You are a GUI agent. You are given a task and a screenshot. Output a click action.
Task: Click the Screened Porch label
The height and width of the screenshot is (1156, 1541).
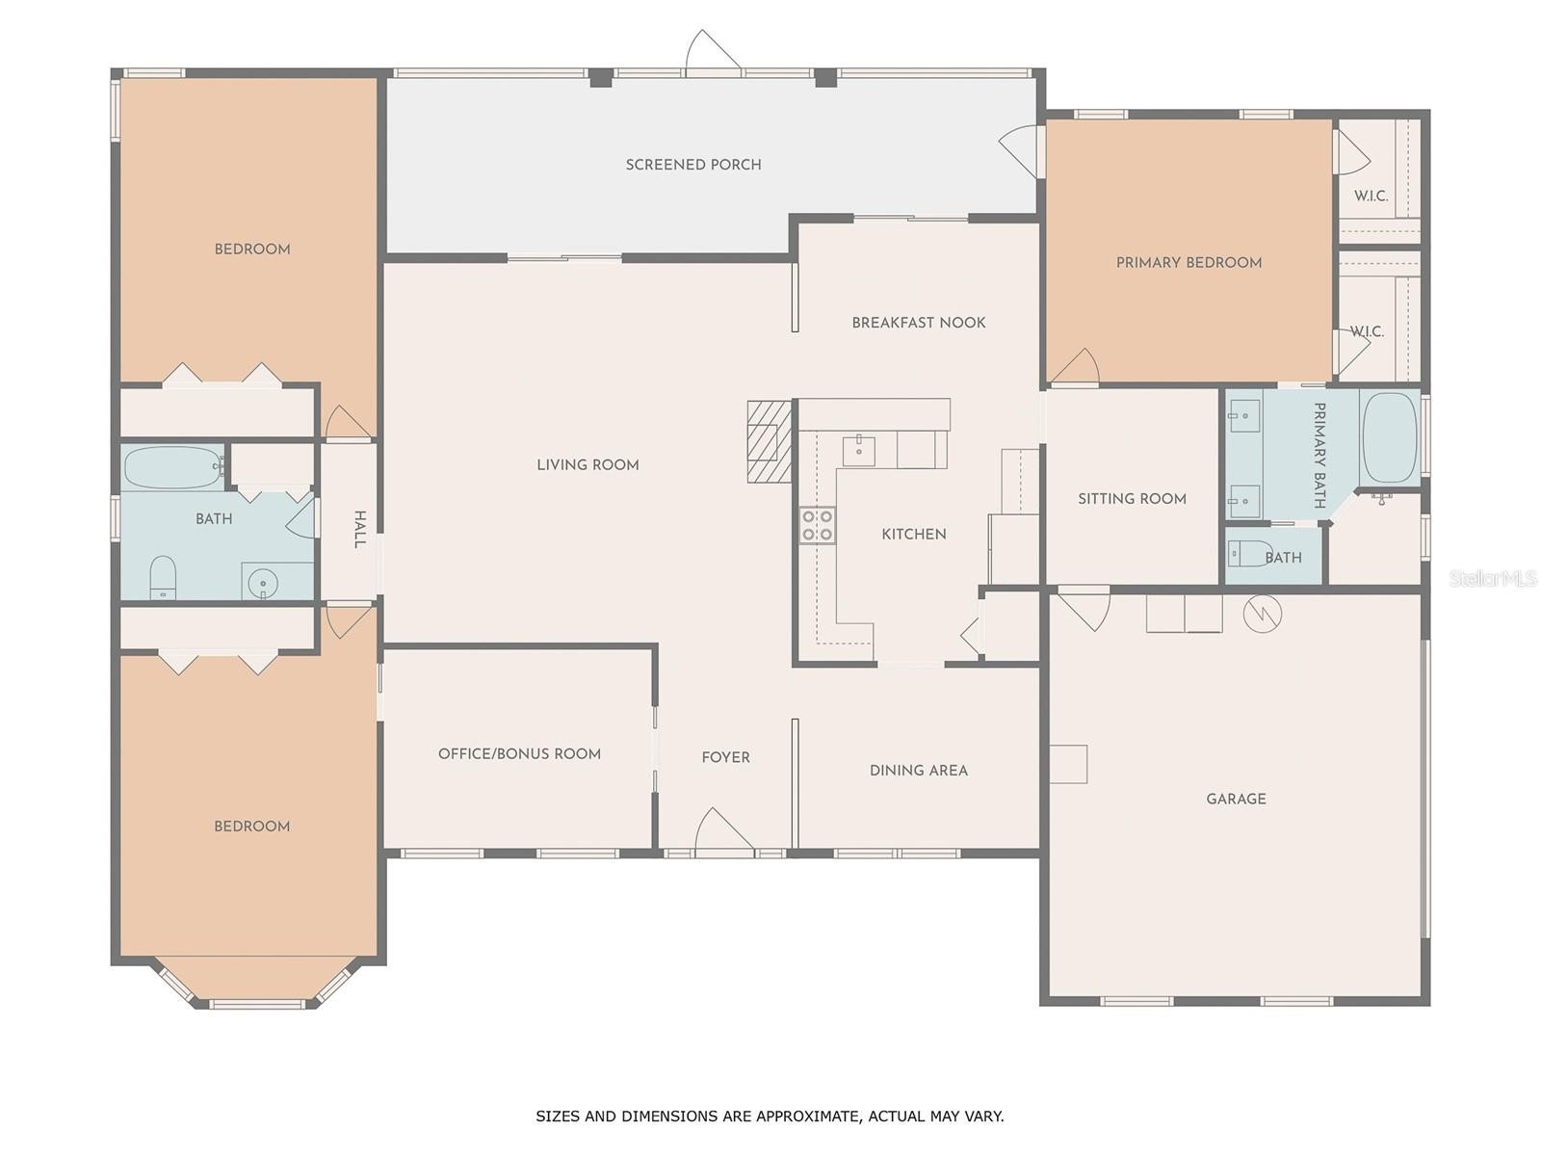(692, 164)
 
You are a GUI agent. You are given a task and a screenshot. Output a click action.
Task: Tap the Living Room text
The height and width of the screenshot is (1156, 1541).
(588, 464)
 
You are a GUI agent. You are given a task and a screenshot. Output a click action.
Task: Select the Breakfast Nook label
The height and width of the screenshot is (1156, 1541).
(918, 322)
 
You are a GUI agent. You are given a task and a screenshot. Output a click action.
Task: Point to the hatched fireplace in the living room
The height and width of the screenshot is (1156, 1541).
(769, 441)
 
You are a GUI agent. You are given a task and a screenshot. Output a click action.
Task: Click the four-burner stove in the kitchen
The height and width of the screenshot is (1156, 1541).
(817, 525)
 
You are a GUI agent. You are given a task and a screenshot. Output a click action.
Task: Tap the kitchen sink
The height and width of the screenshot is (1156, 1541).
(858, 451)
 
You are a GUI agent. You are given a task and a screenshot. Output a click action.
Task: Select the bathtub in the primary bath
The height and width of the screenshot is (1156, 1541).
(1390, 436)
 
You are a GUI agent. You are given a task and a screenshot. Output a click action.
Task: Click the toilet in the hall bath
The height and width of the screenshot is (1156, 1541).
(163, 577)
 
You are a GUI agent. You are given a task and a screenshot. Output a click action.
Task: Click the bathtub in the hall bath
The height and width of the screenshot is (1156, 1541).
(173, 467)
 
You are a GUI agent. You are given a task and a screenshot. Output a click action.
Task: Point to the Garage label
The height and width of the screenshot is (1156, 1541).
(1236, 799)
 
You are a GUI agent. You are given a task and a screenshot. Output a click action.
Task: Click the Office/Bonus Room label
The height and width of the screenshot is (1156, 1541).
(519, 754)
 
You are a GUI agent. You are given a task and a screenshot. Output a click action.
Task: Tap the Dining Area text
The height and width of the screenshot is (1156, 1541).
(918, 771)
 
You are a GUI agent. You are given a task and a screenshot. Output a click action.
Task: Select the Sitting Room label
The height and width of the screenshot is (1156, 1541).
(1132, 499)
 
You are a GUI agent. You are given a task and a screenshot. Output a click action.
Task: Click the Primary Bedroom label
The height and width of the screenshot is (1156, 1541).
(1188, 262)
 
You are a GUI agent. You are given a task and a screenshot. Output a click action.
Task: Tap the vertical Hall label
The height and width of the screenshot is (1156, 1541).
(359, 529)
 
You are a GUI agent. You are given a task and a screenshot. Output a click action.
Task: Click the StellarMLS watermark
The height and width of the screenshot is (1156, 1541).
(1493, 578)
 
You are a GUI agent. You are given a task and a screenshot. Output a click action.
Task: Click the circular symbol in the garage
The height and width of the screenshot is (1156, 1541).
(1263, 615)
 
